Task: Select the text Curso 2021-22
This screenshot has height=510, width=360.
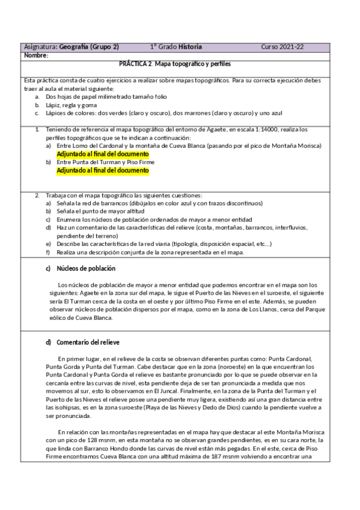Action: click(282, 47)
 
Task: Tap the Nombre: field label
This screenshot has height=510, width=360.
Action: click(36, 55)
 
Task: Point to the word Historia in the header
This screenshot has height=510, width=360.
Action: click(191, 47)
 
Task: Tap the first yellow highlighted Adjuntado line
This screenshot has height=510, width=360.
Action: click(102, 154)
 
